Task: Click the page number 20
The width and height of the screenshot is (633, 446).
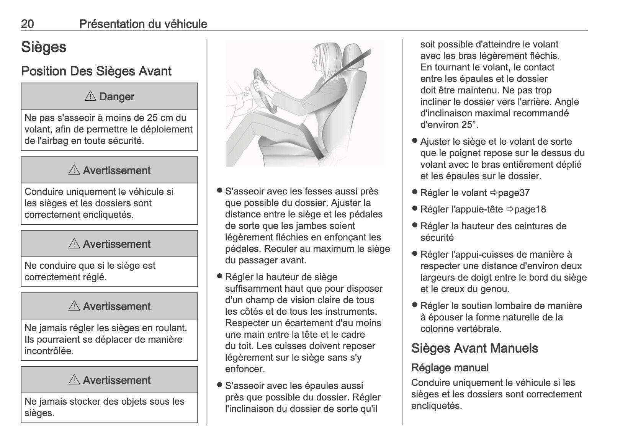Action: [x=27, y=24]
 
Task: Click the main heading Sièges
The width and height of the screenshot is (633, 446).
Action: [x=44, y=47]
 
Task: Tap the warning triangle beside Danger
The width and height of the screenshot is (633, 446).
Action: [x=90, y=96]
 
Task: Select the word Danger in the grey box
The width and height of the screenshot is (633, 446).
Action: [x=117, y=96]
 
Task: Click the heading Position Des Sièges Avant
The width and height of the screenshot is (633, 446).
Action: [x=96, y=71]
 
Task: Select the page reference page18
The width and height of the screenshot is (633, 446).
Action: [x=530, y=209]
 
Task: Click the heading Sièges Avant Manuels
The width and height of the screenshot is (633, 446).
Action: [x=474, y=348]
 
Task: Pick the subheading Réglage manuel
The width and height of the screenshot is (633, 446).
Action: [x=450, y=368]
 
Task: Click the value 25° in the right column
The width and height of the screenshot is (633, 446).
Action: [x=469, y=125]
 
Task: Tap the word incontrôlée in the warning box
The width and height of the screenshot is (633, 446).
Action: [x=49, y=351]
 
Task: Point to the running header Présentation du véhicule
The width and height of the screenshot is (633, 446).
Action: [x=143, y=24]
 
